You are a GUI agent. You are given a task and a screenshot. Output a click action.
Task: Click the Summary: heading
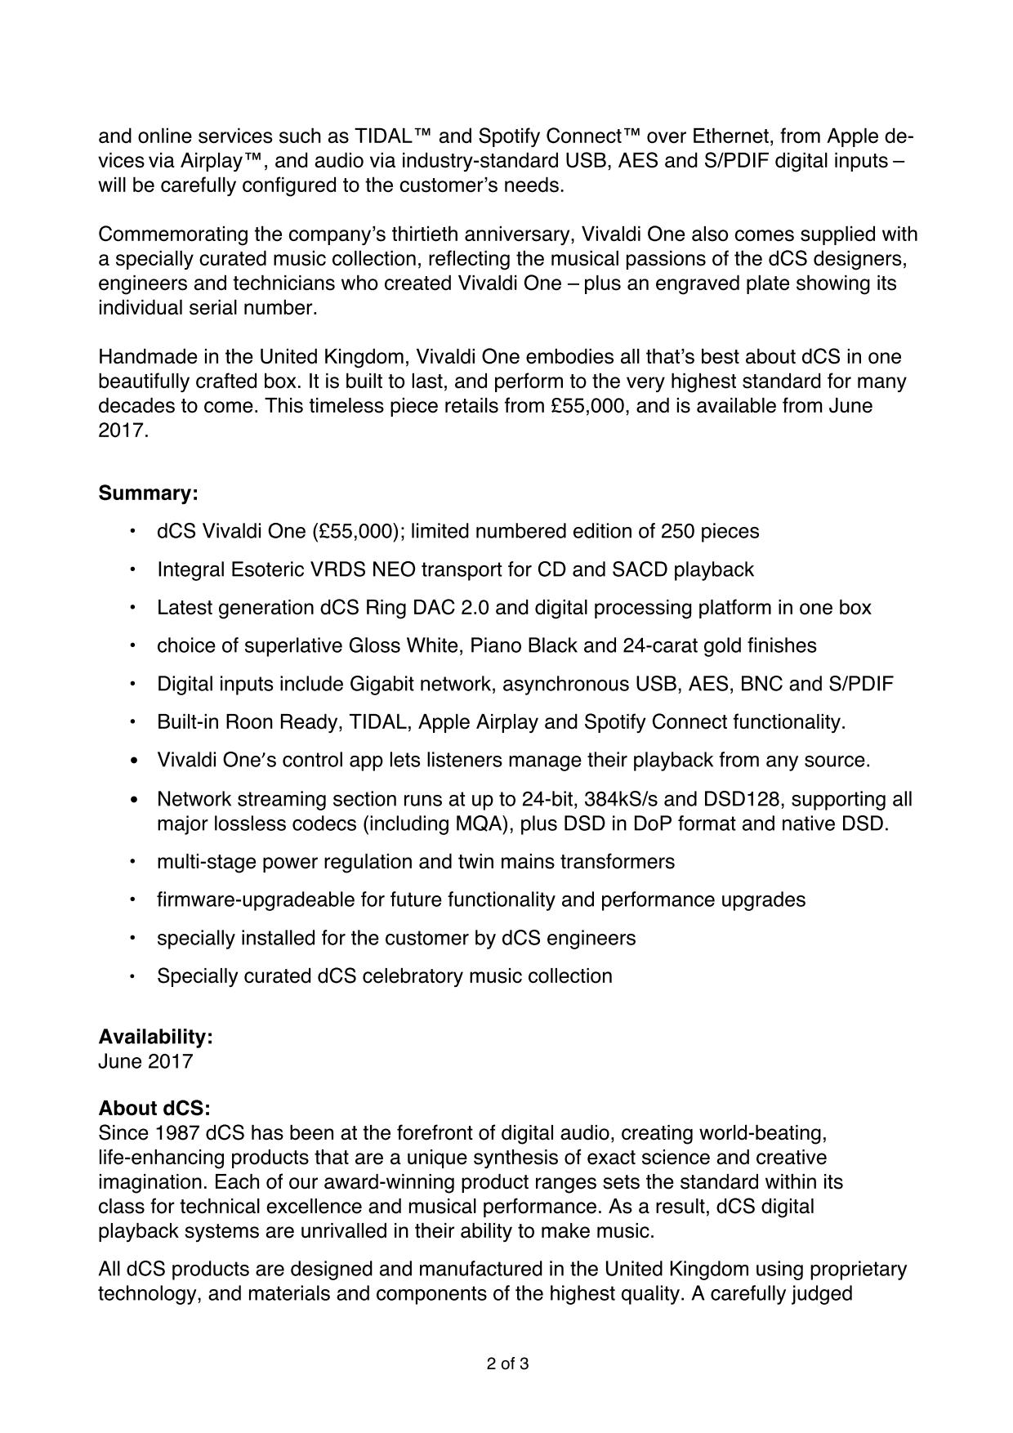pos(148,493)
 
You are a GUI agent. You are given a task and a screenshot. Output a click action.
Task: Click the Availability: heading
pos(155,1037)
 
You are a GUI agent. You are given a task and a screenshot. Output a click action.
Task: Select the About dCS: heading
pos(154,1109)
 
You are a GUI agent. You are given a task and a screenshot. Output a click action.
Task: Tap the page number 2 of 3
pos(507,1364)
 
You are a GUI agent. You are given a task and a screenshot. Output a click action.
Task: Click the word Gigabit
pos(384,684)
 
